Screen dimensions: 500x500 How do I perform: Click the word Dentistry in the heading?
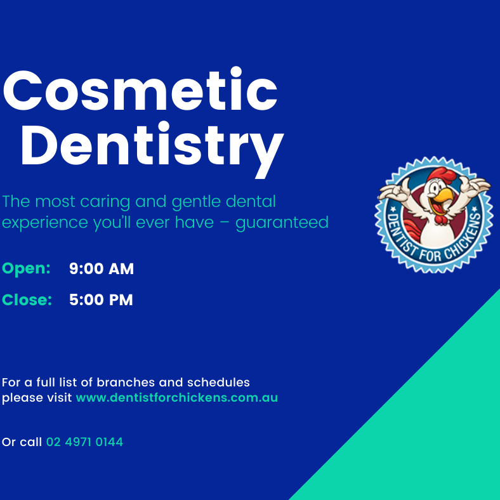(152, 145)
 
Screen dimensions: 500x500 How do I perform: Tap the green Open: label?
(27, 268)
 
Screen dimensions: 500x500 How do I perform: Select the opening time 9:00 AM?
(102, 269)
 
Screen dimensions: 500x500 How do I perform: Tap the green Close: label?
(27, 299)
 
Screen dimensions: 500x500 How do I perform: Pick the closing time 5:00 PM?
(101, 300)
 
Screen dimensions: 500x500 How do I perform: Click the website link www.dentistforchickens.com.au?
(176, 398)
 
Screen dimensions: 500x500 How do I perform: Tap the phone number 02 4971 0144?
(84, 442)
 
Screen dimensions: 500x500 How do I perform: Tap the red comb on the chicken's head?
(436, 173)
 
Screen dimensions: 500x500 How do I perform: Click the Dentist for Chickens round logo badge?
(435, 214)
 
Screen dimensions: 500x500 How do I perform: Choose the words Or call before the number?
(22, 442)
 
